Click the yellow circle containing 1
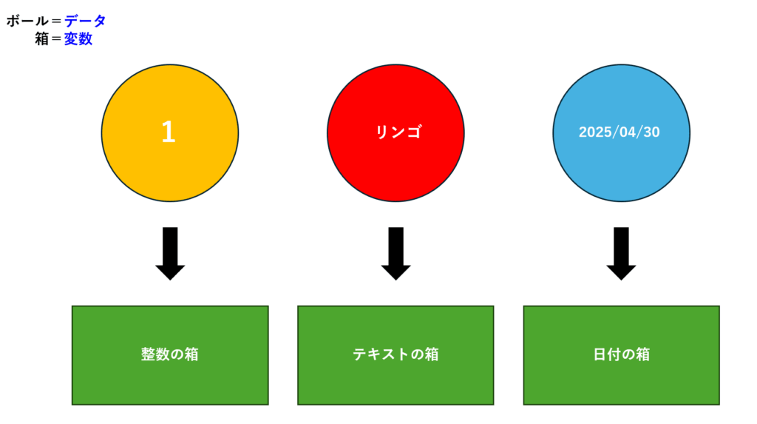tap(170, 133)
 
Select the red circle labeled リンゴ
tap(396, 133)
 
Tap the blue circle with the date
tap(621, 133)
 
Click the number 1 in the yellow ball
tap(168, 132)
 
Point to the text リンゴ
tap(398, 132)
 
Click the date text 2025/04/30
tap(619, 132)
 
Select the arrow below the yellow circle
tap(170, 253)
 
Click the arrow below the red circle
tap(396, 253)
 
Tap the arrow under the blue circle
tap(621, 253)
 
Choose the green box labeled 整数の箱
tap(170, 355)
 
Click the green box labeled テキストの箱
tap(396, 355)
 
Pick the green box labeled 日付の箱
tap(621, 355)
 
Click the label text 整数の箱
tap(170, 354)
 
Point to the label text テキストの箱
tap(396, 354)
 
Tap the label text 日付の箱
tap(621, 354)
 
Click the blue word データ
tap(85, 21)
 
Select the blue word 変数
tap(78, 38)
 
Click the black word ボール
tap(27, 21)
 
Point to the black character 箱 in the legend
tap(42, 38)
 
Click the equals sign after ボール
tap(56, 21)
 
